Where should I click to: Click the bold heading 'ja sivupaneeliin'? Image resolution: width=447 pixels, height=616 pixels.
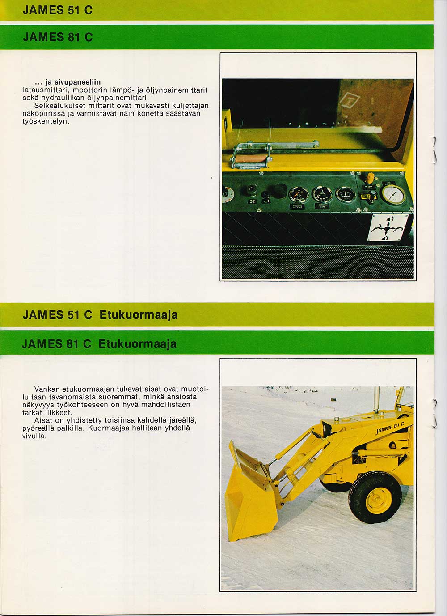click(73, 82)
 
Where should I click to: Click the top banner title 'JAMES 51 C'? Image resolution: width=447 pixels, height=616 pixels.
click(58, 10)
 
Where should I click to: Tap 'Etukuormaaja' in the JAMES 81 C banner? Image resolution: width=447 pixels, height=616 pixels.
click(137, 344)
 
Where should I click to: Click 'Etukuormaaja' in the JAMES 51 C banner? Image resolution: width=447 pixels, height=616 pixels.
click(138, 315)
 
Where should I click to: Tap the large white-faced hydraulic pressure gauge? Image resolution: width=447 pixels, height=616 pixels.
click(393, 195)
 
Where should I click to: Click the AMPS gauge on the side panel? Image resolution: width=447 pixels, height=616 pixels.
click(346, 195)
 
